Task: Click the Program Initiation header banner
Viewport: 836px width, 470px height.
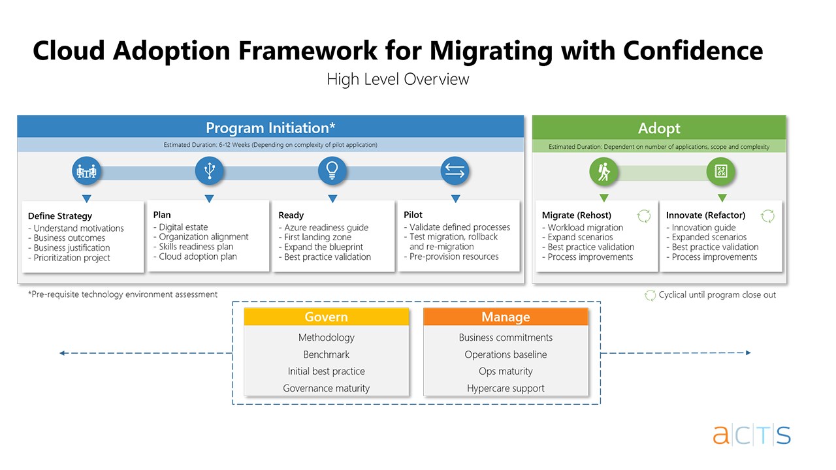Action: click(x=270, y=127)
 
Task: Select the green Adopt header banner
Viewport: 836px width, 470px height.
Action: click(x=659, y=128)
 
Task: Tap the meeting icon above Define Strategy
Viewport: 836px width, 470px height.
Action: click(x=86, y=172)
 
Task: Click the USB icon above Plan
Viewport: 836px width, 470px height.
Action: click(x=209, y=171)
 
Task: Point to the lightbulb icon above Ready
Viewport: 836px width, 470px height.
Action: click(x=332, y=171)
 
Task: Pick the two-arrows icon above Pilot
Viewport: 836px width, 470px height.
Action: click(x=455, y=171)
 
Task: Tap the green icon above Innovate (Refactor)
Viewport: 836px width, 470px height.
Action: click(x=721, y=172)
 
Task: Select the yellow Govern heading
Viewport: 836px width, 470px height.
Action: click(x=326, y=317)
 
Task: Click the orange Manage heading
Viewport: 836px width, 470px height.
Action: click(x=506, y=317)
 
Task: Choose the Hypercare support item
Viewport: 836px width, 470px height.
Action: click(x=506, y=388)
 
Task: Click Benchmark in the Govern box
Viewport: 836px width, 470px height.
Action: click(x=326, y=354)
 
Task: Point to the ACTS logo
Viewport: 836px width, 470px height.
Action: click(x=751, y=435)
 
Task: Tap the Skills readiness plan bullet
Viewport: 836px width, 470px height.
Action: click(x=196, y=247)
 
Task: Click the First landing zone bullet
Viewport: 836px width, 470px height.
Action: click(x=317, y=238)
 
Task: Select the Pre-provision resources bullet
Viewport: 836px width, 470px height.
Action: click(x=454, y=257)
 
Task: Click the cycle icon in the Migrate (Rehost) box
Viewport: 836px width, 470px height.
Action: click(x=644, y=216)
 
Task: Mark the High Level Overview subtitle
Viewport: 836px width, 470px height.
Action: click(x=398, y=80)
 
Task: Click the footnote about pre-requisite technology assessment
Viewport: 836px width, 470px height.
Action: click(x=123, y=294)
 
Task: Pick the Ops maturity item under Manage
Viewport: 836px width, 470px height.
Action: click(x=506, y=371)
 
